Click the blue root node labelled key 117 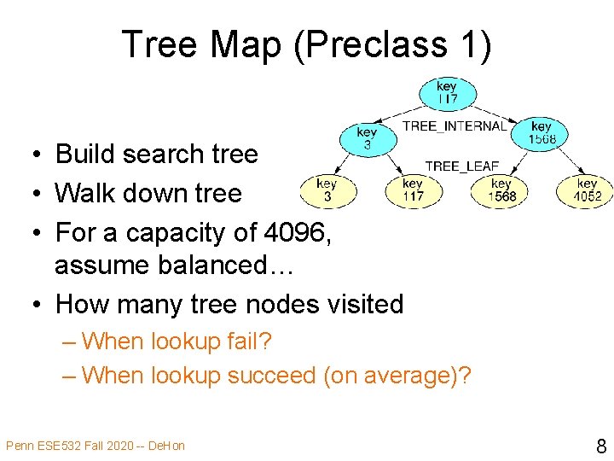pos(447,92)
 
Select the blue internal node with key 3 pos(367,139)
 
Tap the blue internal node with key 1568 pos(542,133)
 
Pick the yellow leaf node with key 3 pos(327,190)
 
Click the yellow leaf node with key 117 pos(413,190)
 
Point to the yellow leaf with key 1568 pos(501,190)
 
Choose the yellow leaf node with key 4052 pos(587,190)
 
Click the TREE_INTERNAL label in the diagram pos(454,126)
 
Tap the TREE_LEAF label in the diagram pos(461,166)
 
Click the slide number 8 pos(600,446)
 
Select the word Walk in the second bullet pos(86,193)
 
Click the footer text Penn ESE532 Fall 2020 pos(76,446)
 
